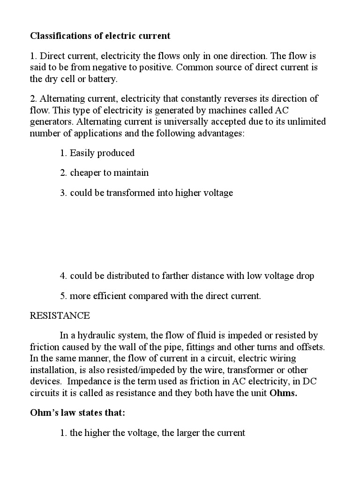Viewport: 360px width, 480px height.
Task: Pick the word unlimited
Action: tap(303, 122)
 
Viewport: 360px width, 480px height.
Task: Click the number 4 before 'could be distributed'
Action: tap(63, 276)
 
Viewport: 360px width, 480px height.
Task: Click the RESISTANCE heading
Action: tap(60, 315)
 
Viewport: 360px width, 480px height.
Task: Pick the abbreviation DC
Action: tap(310, 382)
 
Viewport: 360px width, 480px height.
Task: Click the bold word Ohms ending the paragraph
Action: tap(283, 393)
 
